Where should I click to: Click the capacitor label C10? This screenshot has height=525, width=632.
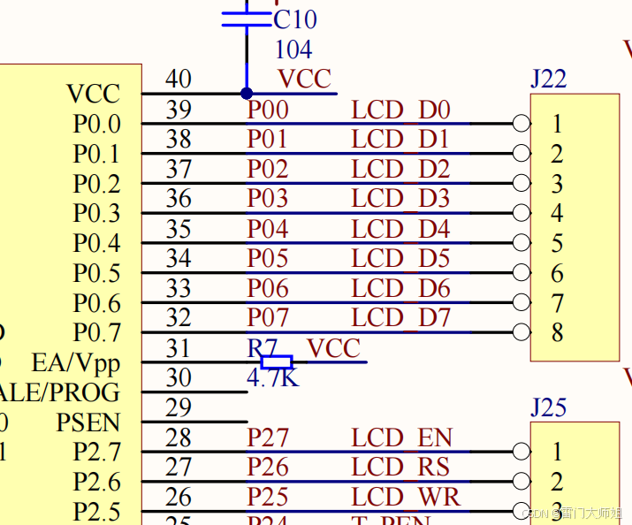coord(295,19)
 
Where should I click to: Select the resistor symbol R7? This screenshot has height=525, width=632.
coord(277,361)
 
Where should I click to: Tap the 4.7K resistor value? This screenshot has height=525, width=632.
coord(273,377)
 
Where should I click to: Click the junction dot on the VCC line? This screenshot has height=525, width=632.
coord(247,93)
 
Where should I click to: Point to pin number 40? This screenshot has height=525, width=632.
coord(179,80)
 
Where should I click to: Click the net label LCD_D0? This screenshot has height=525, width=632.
coord(400,110)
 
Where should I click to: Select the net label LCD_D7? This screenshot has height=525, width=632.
coord(400,317)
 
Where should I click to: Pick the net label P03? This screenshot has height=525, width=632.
coord(267,199)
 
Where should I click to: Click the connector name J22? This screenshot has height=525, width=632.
coord(548,80)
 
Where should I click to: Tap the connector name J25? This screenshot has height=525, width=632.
coord(548,408)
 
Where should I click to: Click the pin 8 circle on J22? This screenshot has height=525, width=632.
coord(522,332)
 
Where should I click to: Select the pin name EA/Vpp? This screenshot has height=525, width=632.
coord(75,363)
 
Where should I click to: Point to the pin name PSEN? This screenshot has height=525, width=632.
coord(88,422)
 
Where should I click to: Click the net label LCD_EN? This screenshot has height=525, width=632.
coord(402,437)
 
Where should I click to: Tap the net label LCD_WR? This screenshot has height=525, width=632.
coord(406,497)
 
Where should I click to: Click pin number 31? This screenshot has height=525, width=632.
coord(179,348)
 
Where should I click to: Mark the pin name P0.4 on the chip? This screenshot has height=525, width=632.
coord(96,243)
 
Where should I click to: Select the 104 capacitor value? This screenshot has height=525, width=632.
coord(293,49)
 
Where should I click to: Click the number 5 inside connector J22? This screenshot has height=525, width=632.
coord(557,243)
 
